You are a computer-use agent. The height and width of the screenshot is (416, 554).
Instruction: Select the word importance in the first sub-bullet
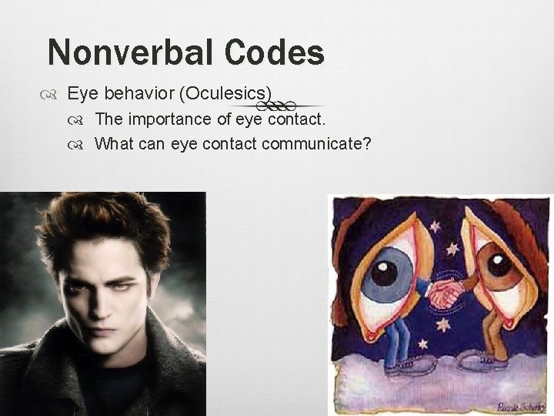(169, 119)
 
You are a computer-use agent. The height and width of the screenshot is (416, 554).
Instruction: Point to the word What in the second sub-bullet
(112, 143)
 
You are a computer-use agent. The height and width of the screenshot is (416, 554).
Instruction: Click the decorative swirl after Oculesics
(286, 106)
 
